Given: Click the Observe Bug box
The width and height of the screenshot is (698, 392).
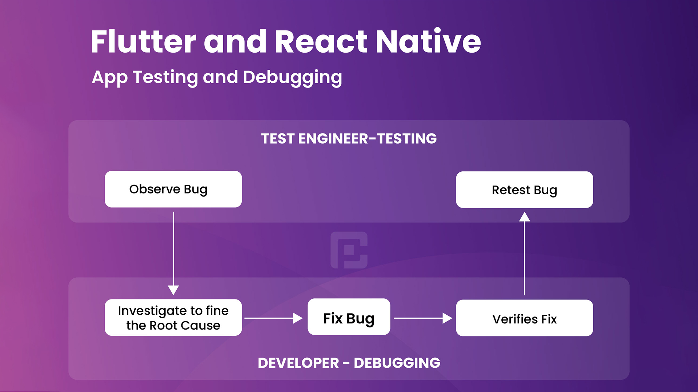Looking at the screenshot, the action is (173, 189).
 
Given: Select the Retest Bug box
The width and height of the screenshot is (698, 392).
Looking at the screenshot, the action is (525, 190).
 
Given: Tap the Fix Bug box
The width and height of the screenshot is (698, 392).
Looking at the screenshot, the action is (349, 317).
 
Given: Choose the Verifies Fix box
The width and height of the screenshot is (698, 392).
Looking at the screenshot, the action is (525, 318).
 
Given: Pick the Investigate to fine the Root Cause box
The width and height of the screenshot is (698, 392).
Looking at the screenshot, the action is (173, 318).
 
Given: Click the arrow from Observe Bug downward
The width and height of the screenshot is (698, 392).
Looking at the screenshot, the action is (173, 253).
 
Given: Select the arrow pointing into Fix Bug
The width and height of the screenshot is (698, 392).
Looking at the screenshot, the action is (273, 318).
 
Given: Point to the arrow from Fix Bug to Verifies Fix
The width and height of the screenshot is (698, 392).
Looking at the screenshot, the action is (423, 318).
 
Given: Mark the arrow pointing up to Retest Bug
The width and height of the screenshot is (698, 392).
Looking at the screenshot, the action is (525, 253).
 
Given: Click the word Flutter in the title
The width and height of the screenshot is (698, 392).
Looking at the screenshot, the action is (143, 42).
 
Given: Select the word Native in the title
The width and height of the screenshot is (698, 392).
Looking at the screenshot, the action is (428, 41).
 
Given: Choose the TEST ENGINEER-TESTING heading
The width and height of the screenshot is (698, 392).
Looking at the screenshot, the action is (349, 139).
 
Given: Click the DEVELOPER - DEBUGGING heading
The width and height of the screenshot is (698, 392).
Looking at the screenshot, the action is (349, 363).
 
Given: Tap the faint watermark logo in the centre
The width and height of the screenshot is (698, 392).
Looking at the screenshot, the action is (349, 250).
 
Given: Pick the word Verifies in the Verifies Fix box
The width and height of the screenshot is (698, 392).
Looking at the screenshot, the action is (515, 319).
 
